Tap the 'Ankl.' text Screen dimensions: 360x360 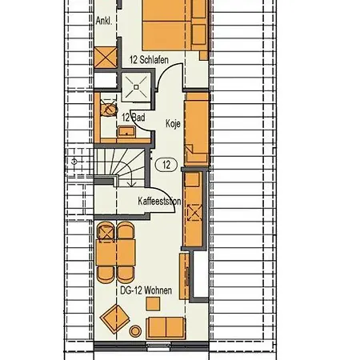coord(104,22)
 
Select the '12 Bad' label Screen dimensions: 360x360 coord(133,117)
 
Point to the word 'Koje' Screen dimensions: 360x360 coord(173,124)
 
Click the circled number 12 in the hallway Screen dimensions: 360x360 coord(166,166)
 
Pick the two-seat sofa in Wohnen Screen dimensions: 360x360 coord(167,326)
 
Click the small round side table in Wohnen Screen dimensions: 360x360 coord(135,330)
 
